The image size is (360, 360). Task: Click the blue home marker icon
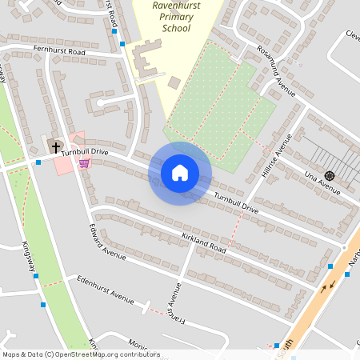(180, 173)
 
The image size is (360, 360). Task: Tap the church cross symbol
(55, 147)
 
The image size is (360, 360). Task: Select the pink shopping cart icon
(84, 163)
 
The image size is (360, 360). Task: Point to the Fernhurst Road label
(59, 51)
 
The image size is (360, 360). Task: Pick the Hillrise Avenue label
(278, 155)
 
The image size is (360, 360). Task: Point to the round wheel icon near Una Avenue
(329, 175)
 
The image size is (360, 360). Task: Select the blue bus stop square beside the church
(38, 162)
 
